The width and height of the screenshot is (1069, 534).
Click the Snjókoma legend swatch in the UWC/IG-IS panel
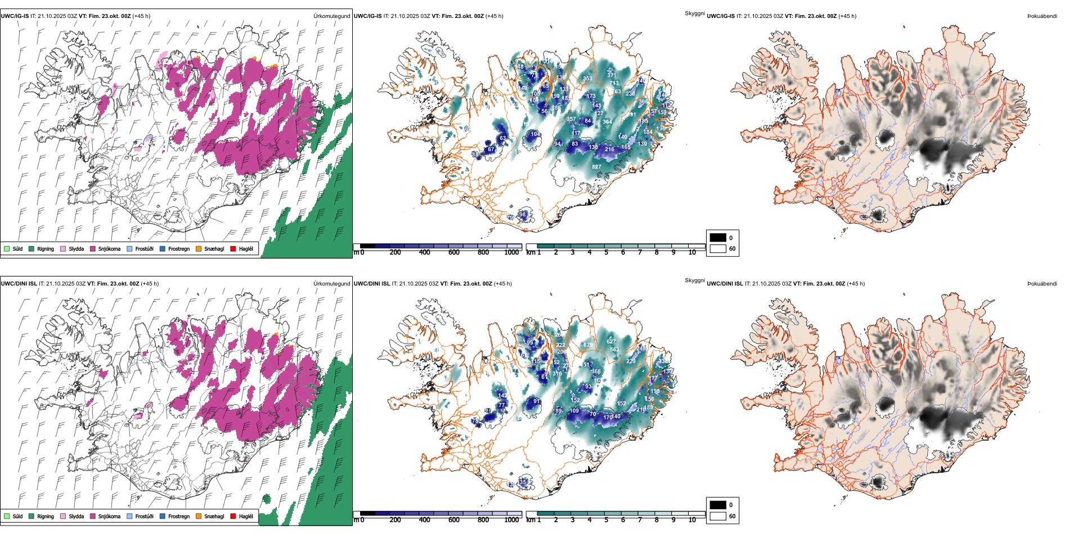[93, 248]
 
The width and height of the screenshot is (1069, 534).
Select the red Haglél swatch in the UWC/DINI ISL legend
[233, 516]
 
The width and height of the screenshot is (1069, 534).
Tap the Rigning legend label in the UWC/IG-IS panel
[46, 248]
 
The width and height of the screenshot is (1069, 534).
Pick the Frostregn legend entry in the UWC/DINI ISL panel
[179, 516]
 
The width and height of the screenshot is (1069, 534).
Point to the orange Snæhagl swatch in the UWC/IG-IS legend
[199, 248]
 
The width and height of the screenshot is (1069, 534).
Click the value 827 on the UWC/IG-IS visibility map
[596, 167]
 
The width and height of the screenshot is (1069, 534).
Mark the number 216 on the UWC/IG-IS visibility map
[609, 150]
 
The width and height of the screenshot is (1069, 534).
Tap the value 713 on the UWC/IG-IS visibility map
[614, 83]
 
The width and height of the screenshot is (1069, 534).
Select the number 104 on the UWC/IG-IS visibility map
[535, 134]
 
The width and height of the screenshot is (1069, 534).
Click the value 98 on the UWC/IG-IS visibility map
[522, 215]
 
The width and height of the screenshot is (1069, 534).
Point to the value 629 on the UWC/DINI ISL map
[588, 345]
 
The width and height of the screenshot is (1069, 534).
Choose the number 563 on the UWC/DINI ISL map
[614, 350]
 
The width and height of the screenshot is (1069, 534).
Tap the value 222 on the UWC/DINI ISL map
[560, 345]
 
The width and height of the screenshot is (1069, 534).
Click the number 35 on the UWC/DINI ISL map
[523, 482]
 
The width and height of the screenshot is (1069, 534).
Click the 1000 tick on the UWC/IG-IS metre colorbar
[511, 252]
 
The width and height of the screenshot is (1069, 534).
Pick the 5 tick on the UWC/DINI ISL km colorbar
[606, 520]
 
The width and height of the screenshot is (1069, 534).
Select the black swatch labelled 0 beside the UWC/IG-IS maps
[718, 238]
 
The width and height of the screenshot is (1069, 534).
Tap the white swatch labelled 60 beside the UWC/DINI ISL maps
[718, 516]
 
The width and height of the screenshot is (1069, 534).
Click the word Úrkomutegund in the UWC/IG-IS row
[331, 16]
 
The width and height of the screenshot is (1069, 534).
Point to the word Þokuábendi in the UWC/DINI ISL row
[1042, 284]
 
